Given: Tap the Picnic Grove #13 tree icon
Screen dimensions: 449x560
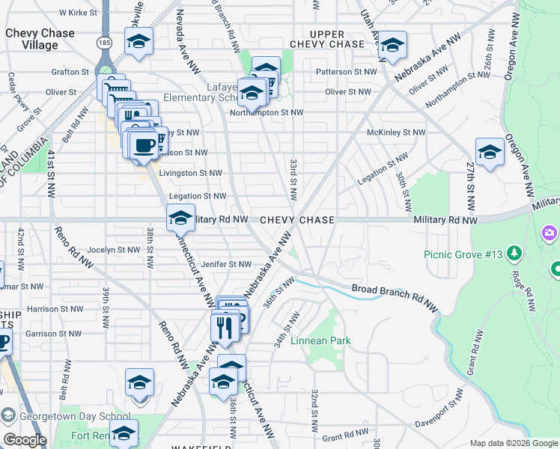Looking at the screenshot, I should [x=514, y=254].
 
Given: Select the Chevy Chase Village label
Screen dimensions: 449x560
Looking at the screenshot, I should [x=40, y=39].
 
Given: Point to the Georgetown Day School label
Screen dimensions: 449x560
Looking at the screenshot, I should [x=75, y=417].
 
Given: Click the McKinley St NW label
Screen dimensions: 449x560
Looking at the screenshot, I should [x=396, y=132].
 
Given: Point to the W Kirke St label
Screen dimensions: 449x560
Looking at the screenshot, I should [x=78, y=13].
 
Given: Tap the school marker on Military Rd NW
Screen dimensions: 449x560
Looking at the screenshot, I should [x=180, y=218].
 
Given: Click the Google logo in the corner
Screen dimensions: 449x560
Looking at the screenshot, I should [x=25, y=440].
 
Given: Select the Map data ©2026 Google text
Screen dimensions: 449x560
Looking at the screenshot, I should [x=514, y=443].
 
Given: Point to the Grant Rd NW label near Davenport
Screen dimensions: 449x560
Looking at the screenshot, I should [x=343, y=436].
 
